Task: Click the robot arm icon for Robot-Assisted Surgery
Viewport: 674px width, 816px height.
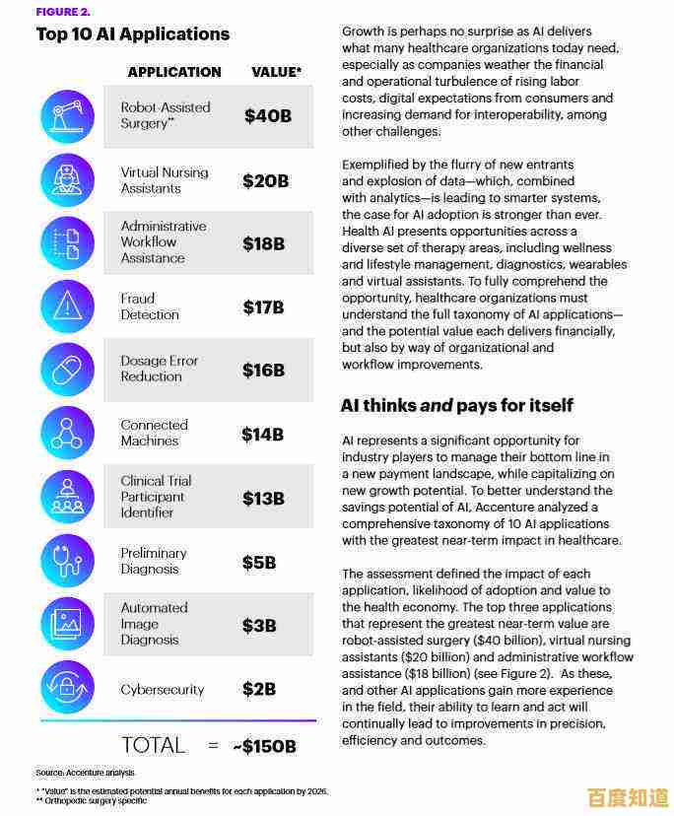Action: coord(67,115)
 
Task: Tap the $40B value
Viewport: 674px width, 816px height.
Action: coord(268,115)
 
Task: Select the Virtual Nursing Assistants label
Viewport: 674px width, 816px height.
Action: coord(165,179)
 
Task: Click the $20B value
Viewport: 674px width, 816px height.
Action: coord(265,180)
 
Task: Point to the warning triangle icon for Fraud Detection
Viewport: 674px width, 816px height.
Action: coord(67,306)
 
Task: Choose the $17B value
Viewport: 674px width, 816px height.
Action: coord(263,307)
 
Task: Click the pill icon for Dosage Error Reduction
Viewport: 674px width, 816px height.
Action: coord(67,370)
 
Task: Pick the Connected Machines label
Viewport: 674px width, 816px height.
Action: coord(154,433)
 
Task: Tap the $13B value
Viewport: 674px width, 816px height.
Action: coord(263,498)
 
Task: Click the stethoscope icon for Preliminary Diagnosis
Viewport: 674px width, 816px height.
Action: coord(67,561)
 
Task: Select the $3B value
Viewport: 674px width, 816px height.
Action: coord(260,625)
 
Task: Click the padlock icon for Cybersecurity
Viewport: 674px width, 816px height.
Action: coord(67,688)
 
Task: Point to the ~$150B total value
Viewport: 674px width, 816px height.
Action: coord(264,746)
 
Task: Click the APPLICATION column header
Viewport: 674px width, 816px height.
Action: coord(174,72)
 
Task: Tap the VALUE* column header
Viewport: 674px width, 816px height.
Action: coord(276,72)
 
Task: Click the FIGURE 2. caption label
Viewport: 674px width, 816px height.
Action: coord(62,12)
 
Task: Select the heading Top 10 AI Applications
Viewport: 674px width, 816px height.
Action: coord(133,34)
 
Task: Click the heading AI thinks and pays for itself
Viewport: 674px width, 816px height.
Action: coord(456,405)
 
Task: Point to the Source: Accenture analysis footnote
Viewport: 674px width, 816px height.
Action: coord(85,773)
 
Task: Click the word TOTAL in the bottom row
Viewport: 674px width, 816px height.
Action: coord(153,745)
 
